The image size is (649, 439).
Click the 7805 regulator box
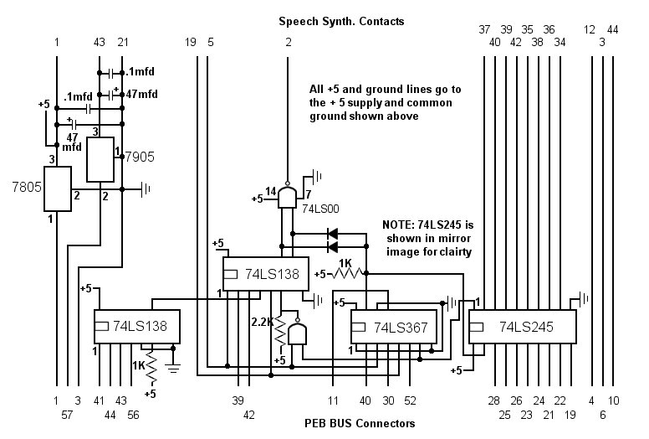(58, 189)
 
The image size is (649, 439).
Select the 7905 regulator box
(100, 160)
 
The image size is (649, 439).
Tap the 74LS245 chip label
(526, 327)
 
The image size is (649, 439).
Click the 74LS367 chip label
(401, 328)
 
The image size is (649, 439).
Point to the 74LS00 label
(320, 209)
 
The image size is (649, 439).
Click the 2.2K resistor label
(263, 322)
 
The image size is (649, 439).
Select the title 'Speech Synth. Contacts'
(341, 22)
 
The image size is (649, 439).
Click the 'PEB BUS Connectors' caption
(360, 423)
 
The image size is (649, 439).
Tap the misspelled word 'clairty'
(455, 252)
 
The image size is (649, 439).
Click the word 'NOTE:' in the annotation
(398, 225)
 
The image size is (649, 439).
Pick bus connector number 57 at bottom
(67, 415)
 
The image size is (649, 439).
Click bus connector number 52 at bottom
(410, 400)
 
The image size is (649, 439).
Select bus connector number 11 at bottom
(333, 400)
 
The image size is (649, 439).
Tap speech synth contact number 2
(288, 42)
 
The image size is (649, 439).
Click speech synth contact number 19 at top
(191, 42)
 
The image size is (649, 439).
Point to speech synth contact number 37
(484, 29)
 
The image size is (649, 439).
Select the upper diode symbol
(332, 234)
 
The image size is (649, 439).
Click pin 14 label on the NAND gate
(271, 191)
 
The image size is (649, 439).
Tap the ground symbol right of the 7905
(146, 189)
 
